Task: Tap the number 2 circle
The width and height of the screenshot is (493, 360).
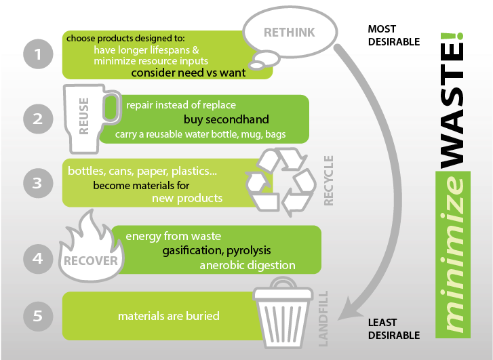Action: click(38, 119)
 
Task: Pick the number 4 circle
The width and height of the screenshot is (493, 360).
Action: click(38, 258)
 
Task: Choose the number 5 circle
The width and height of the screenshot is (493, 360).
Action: click(38, 315)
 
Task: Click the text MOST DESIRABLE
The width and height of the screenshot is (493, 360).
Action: click(394, 35)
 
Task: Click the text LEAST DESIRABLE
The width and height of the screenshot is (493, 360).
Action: click(394, 329)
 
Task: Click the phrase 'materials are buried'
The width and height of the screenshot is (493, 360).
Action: click(168, 316)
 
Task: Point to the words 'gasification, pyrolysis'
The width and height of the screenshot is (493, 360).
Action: click(216, 251)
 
